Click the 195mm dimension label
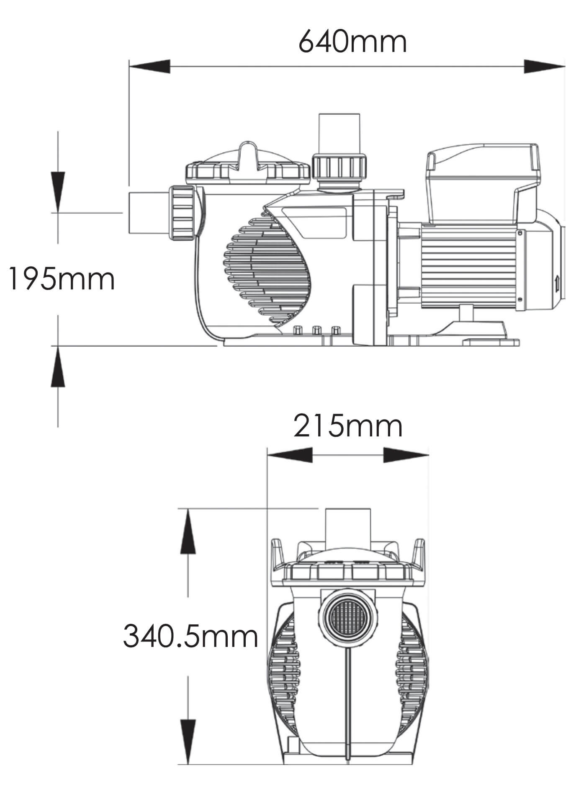(62, 279)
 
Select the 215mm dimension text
(347, 426)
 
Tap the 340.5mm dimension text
(190, 636)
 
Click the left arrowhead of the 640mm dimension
(149, 67)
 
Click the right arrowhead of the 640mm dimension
(544, 67)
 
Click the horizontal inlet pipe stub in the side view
(149, 213)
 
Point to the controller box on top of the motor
(481, 184)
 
